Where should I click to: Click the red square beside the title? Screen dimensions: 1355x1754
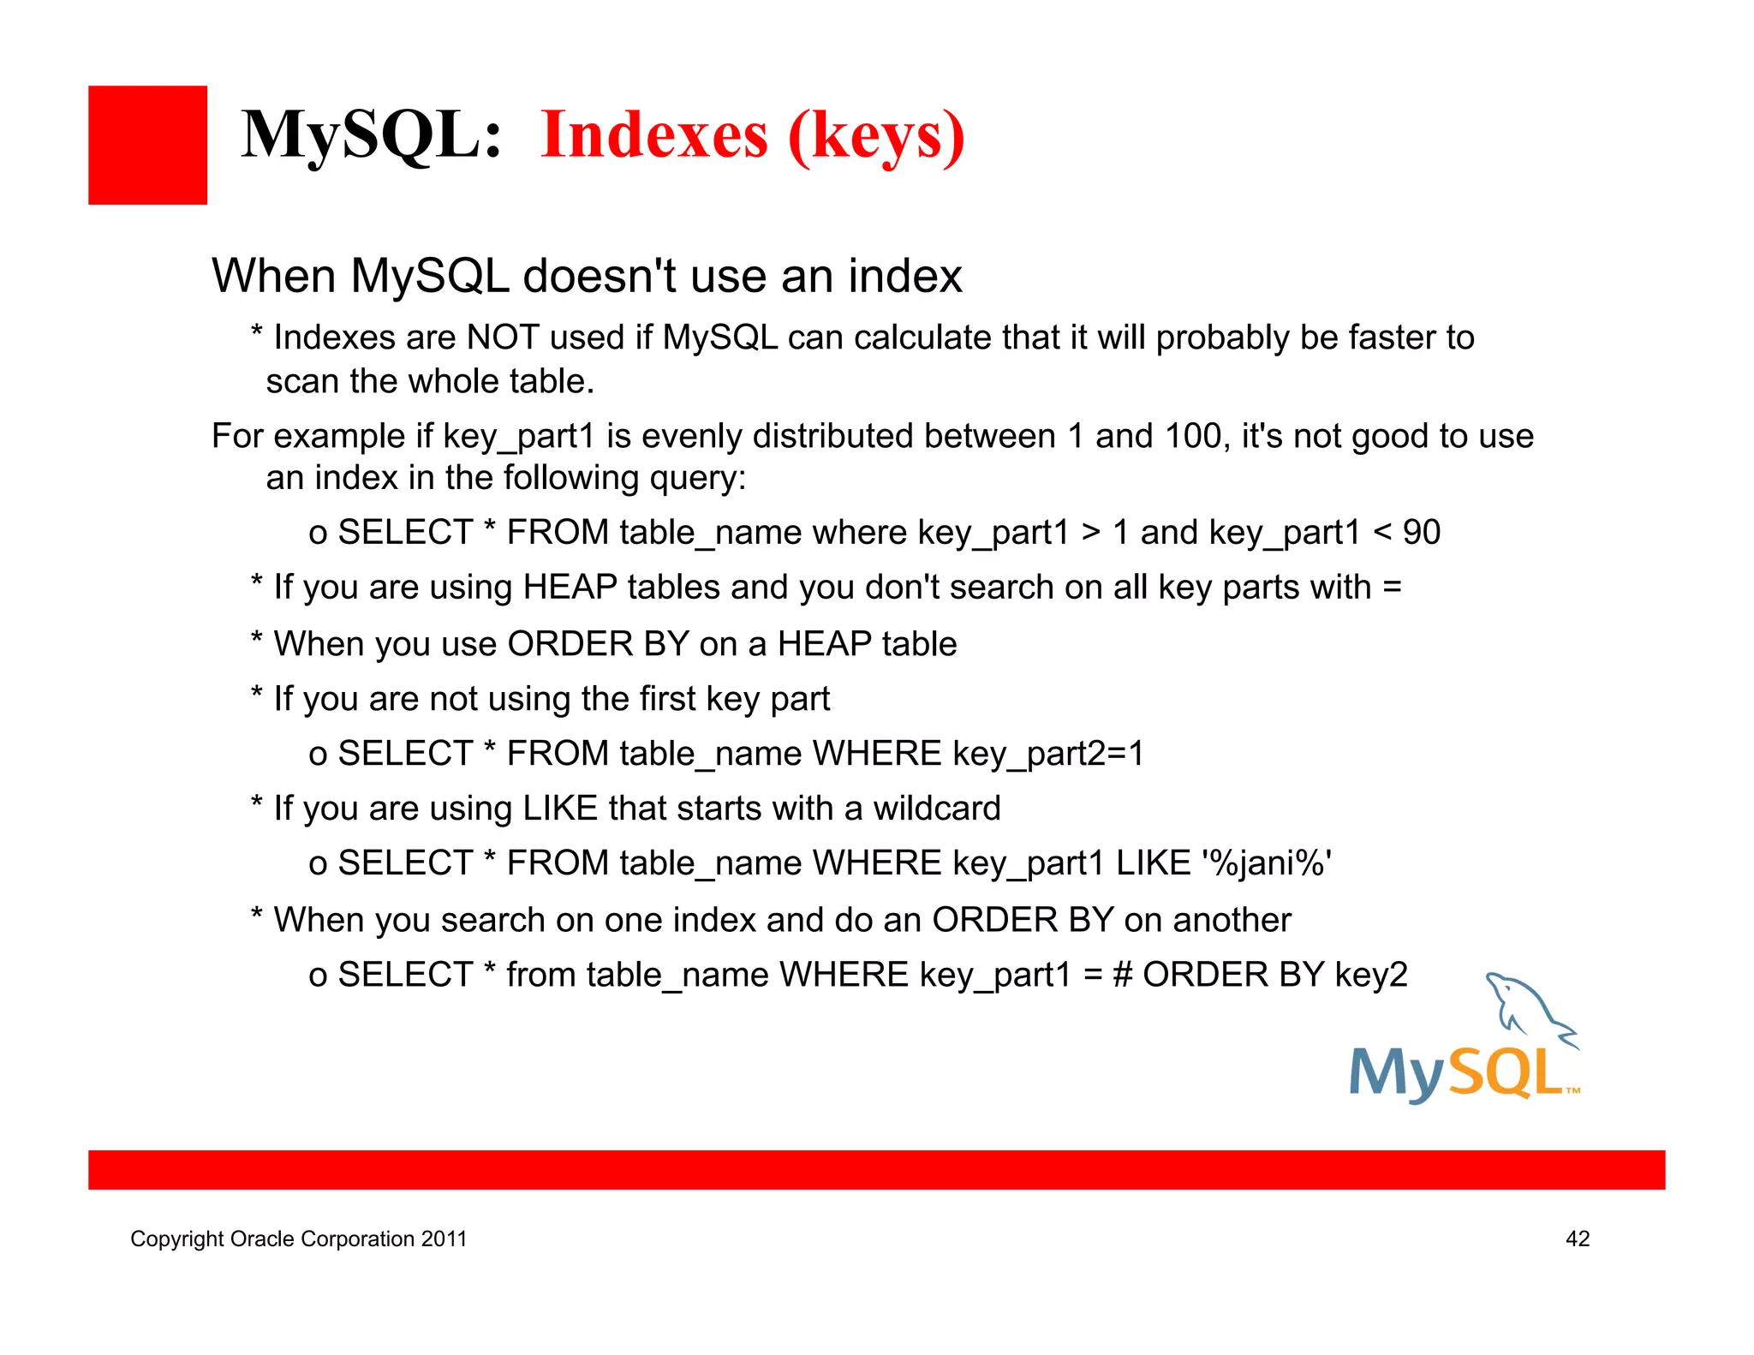[x=147, y=145]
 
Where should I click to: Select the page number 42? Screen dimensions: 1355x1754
[x=1577, y=1239]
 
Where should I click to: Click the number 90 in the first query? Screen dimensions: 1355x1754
[x=1421, y=532]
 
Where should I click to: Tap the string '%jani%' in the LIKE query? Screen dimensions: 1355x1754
[x=1267, y=863]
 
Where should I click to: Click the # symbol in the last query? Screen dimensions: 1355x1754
[x=1122, y=975]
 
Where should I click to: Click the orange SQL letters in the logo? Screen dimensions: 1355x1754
[x=1506, y=1073]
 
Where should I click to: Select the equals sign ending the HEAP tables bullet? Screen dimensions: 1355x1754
[x=1392, y=588]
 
